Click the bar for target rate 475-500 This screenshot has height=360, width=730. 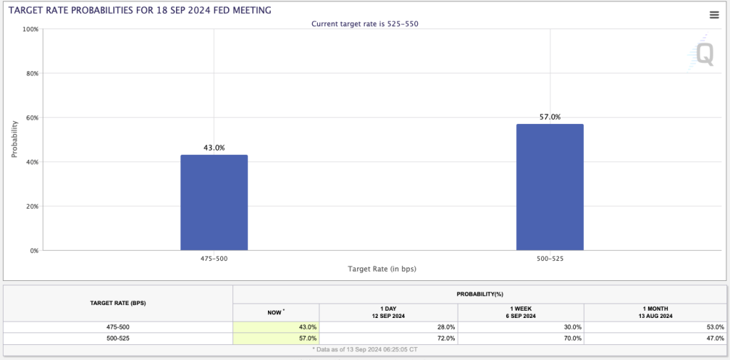click(x=214, y=202)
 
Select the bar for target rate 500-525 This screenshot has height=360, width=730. click(x=550, y=187)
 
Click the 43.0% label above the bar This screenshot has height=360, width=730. click(x=214, y=148)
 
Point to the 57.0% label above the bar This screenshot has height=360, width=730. click(x=550, y=117)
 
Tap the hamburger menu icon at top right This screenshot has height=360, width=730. click(x=714, y=15)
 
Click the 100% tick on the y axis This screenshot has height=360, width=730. click(x=30, y=29)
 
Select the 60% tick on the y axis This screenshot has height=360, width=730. click(x=31, y=118)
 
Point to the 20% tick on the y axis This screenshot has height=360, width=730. click(x=31, y=206)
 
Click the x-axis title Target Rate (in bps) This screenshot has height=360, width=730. click(x=381, y=269)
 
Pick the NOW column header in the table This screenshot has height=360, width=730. click(x=276, y=312)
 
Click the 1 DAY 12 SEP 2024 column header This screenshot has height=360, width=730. click(x=389, y=312)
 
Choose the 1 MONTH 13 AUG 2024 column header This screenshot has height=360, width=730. click(x=654, y=312)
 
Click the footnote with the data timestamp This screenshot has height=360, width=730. click(x=364, y=349)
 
